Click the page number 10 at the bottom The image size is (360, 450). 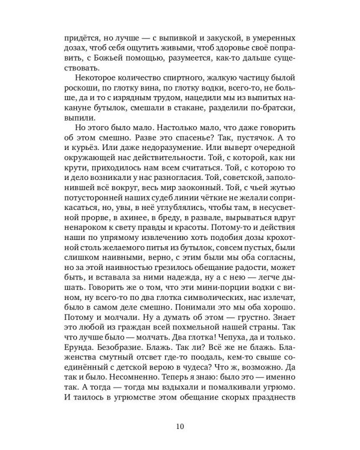pyautogui.click(x=180, y=410)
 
